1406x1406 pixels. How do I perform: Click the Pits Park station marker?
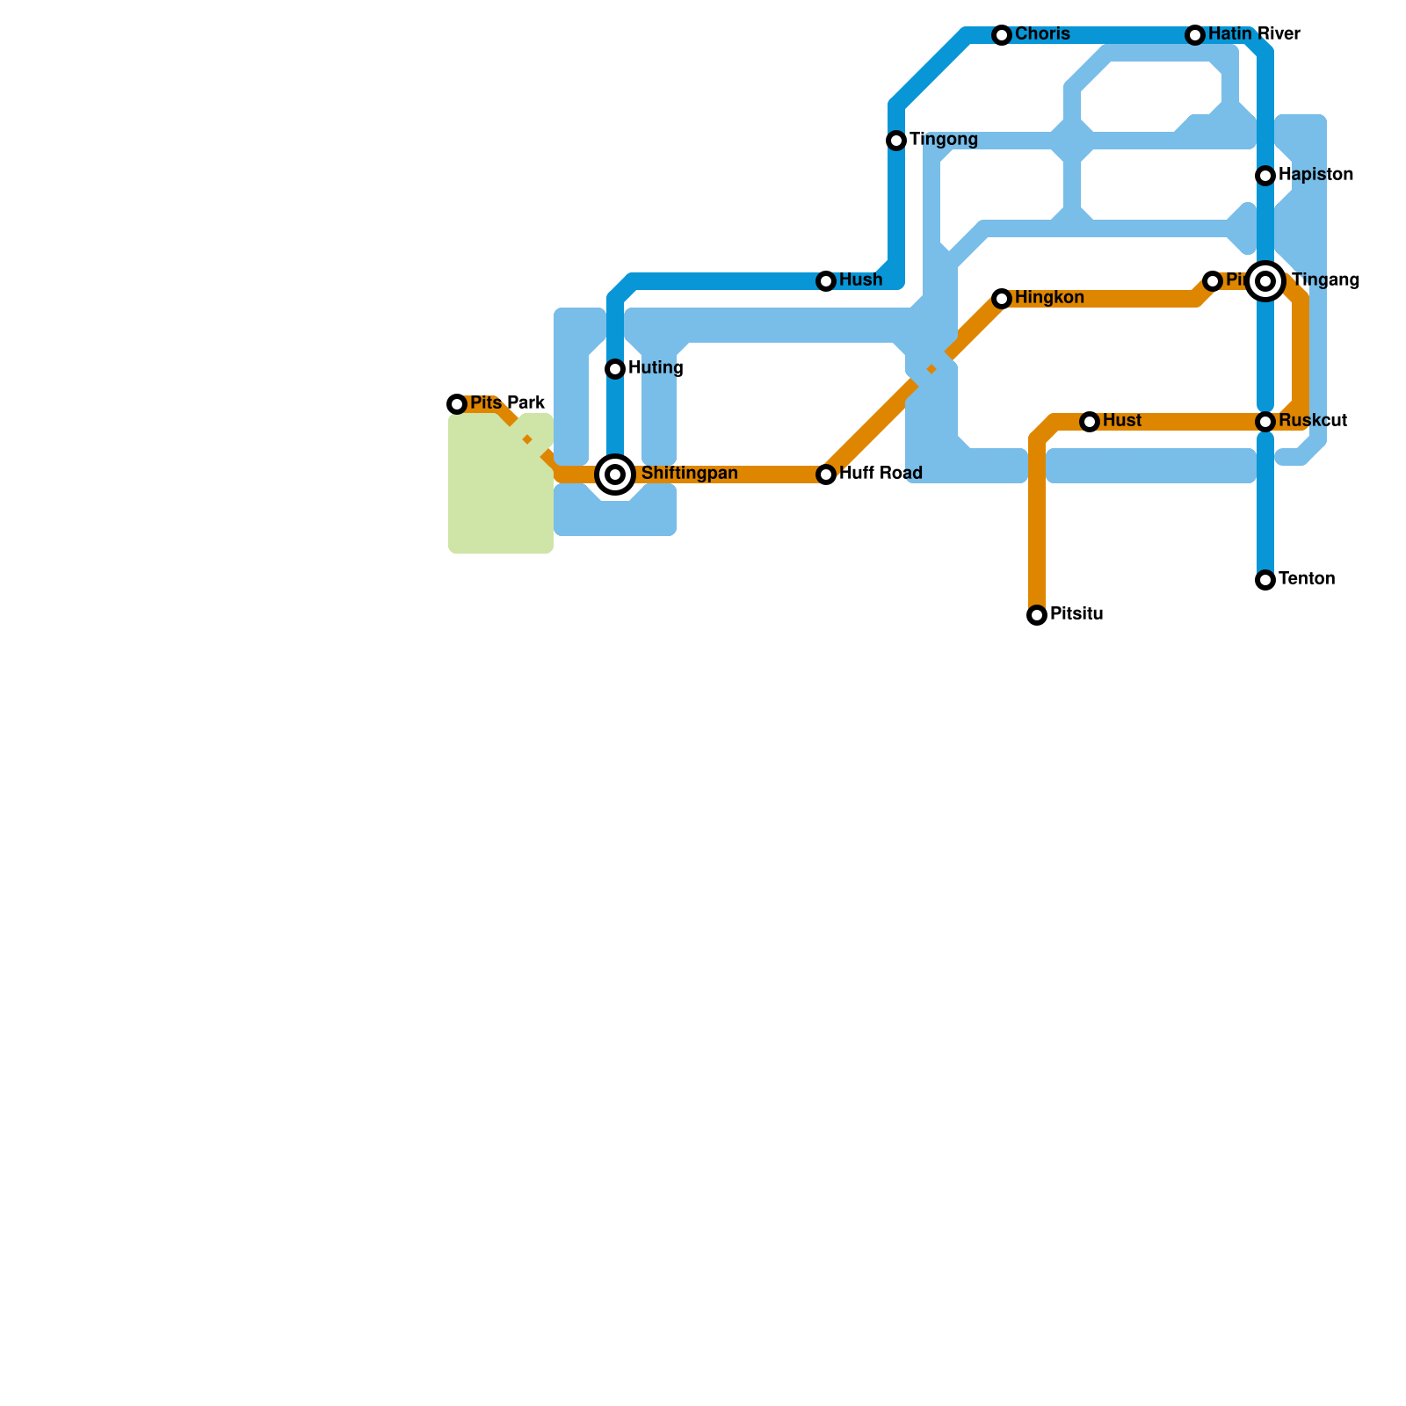tap(457, 404)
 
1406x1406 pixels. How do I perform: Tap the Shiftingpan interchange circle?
tap(616, 475)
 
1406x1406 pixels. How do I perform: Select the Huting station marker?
tap(615, 369)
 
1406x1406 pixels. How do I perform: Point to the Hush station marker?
tap(826, 281)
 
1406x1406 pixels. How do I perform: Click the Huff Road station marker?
tap(826, 475)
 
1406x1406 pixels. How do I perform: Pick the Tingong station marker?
tap(896, 141)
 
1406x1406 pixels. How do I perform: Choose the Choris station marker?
tap(1002, 35)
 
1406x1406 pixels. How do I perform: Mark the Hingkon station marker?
tap(1002, 299)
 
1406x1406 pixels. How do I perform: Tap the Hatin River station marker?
tap(1195, 35)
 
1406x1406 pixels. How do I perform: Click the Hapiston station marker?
tap(1265, 176)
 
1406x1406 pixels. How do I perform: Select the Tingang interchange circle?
tap(1265, 281)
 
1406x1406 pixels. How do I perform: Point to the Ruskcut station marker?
tap(1265, 422)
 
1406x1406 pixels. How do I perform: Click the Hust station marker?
tap(1090, 422)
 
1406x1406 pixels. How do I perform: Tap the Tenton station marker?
tap(1265, 580)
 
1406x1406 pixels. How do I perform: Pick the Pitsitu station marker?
tap(1037, 615)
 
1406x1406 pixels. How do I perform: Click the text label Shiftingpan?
tap(689, 475)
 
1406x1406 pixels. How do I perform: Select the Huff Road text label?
tap(881, 475)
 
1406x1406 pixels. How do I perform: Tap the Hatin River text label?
tap(1253, 35)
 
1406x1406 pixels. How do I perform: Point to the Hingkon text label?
tap(1049, 299)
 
